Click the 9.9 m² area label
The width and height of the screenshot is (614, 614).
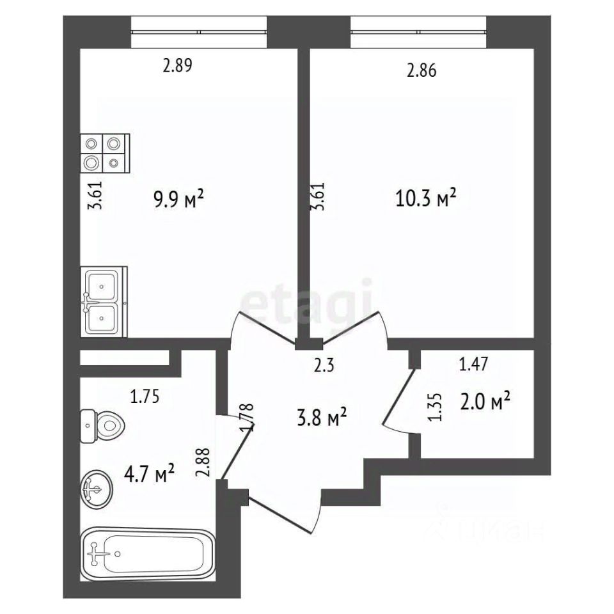tap(179, 200)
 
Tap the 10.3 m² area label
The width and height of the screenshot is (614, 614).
tap(426, 198)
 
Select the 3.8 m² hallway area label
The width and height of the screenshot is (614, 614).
tap(322, 418)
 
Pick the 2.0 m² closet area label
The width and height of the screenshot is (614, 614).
tap(485, 402)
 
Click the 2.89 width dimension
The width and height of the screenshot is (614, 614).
tap(177, 65)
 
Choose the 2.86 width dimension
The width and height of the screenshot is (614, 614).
tap(421, 70)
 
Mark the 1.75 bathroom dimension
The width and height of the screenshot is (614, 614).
tap(145, 397)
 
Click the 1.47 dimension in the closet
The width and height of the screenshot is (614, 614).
tap(473, 364)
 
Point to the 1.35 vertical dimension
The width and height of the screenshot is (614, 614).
tap(436, 407)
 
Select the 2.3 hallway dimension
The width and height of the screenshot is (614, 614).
tap(324, 366)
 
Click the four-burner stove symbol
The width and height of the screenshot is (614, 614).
tap(105, 153)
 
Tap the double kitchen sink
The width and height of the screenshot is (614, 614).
tap(104, 301)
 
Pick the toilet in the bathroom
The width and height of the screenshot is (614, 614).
tap(102, 426)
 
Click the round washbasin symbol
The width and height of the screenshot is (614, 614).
tap(97, 489)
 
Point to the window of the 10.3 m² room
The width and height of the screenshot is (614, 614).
tap(418, 32)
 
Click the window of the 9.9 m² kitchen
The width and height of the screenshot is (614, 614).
tap(199, 32)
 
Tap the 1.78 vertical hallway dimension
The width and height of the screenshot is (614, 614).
tap(248, 418)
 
